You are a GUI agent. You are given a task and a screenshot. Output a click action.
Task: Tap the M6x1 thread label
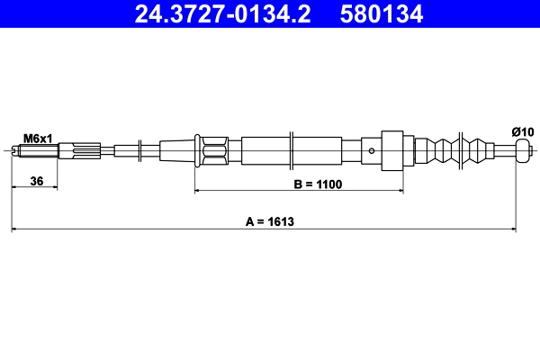point(38,138)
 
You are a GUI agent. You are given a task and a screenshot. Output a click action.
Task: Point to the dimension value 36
point(37,181)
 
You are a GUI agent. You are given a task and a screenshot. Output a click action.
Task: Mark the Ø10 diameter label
point(523,131)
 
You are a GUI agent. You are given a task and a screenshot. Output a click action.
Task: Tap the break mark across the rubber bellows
point(461,150)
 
